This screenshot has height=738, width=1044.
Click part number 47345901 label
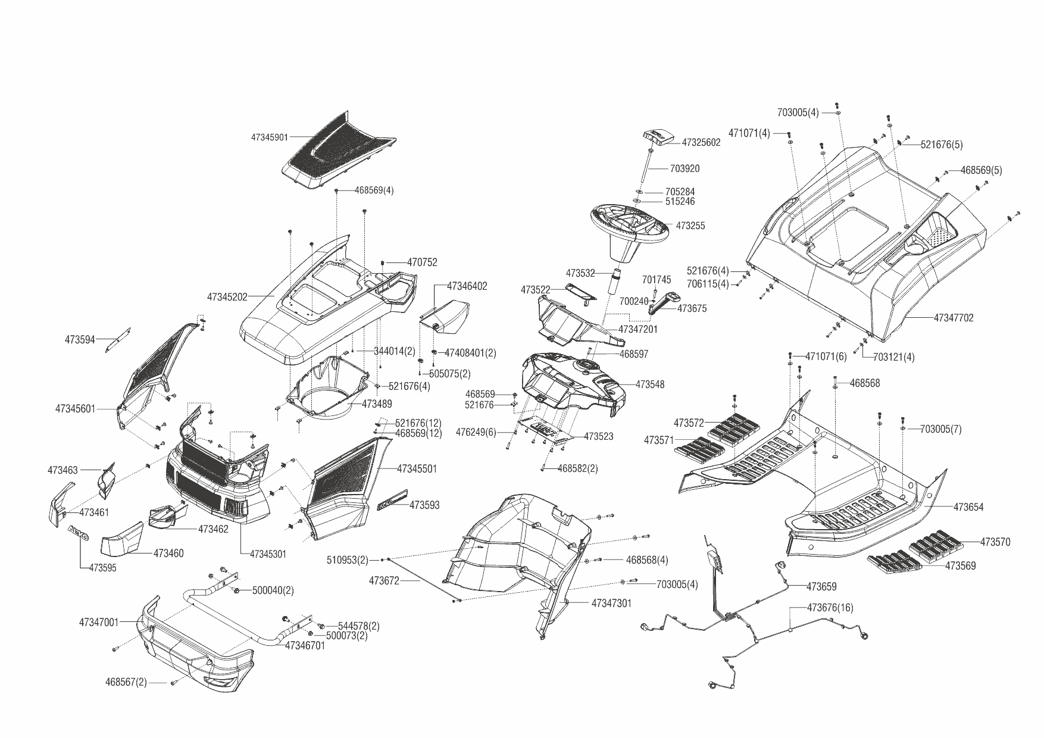[269, 137]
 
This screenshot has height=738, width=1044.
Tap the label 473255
[690, 226]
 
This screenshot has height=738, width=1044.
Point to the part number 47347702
[954, 318]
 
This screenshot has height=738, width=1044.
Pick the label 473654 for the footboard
[968, 507]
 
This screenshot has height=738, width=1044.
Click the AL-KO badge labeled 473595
[78, 532]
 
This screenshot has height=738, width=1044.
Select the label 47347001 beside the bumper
[99, 623]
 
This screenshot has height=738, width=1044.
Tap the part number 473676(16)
[830, 608]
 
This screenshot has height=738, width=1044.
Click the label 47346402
[467, 286]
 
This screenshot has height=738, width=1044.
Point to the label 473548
[650, 384]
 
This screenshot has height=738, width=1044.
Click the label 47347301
[611, 603]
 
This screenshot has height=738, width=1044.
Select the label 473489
[377, 404]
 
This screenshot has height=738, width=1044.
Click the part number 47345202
[227, 296]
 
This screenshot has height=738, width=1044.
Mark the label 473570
[995, 542]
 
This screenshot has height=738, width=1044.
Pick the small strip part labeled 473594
[118, 340]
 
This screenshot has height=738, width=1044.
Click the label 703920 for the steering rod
[684, 168]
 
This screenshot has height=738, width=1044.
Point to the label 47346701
[305, 645]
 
